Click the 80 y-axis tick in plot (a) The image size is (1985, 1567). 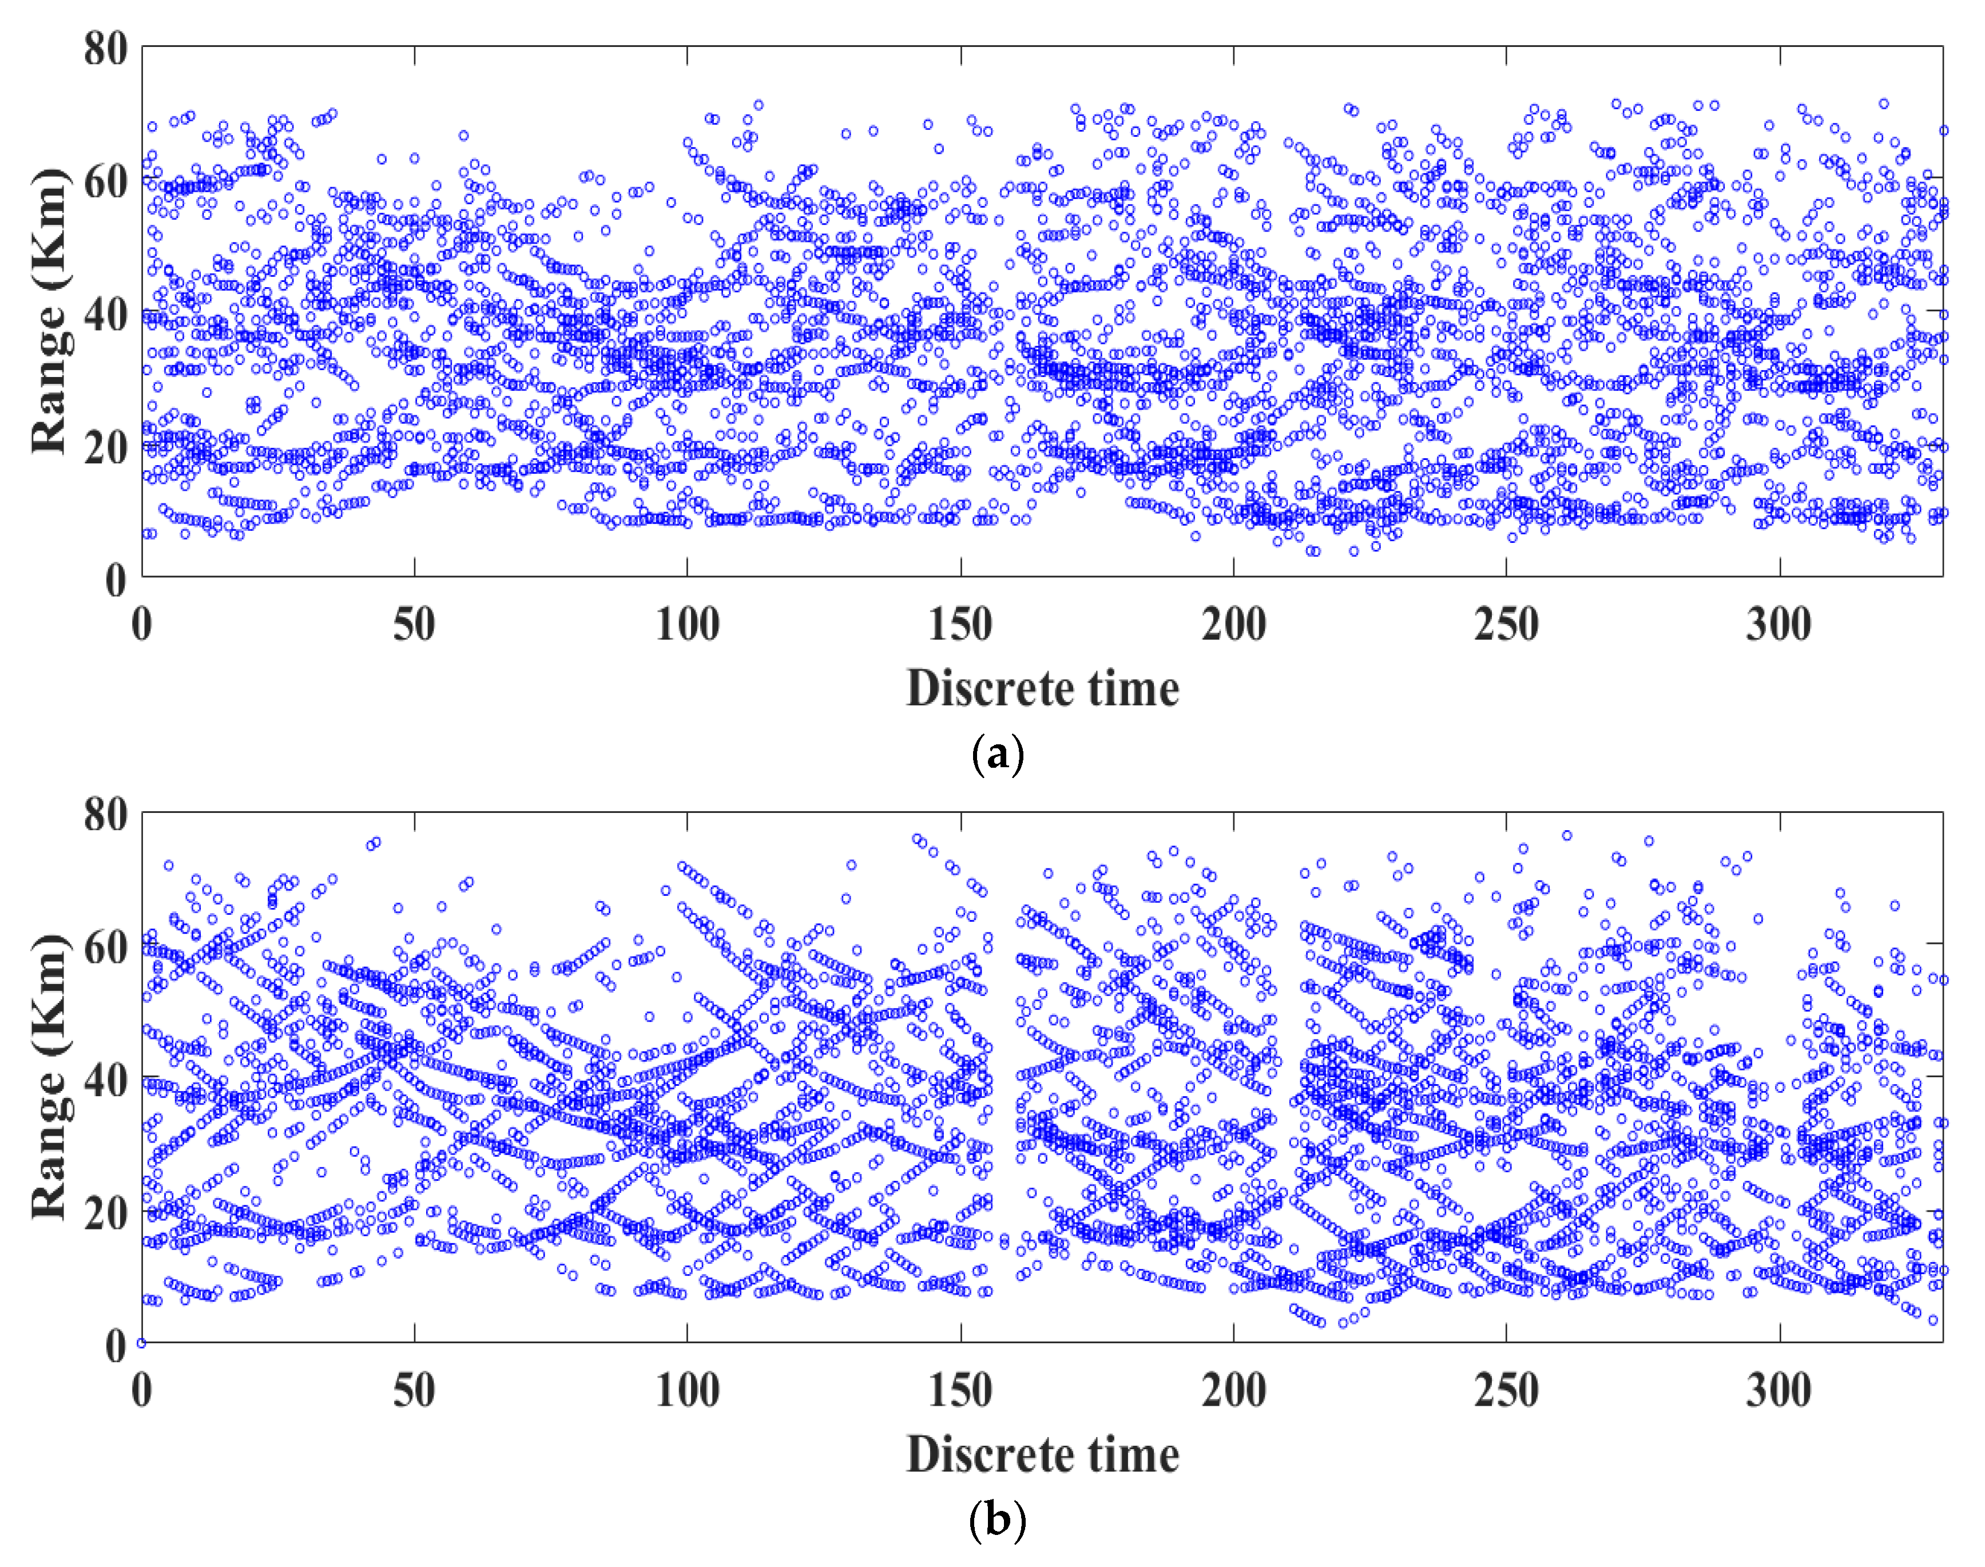click(x=105, y=47)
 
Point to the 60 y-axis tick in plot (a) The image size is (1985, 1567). click(x=105, y=181)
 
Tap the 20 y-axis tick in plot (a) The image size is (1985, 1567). click(x=105, y=447)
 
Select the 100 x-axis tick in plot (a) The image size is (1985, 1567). click(x=687, y=625)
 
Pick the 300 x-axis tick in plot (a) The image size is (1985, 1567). click(x=1778, y=625)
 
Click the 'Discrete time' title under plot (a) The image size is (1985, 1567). click(x=1042, y=688)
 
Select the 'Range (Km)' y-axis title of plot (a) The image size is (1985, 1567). click(x=50, y=312)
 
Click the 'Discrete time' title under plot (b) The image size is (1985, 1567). click(x=1042, y=1454)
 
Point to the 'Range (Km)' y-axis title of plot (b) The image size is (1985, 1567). click(x=50, y=1078)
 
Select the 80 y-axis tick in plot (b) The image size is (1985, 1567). click(x=105, y=814)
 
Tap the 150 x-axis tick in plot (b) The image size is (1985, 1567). click(x=959, y=1391)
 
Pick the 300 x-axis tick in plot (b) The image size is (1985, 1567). click(x=1778, y=1391)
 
